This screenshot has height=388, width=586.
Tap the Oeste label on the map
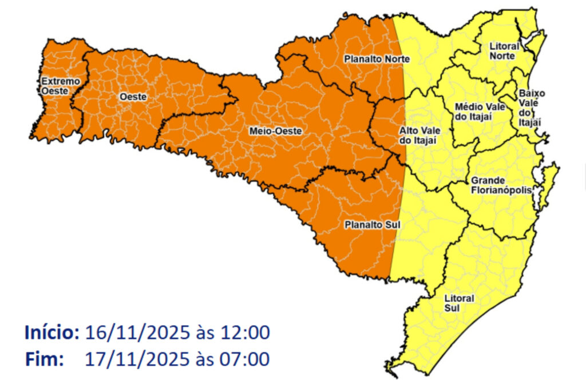[133, 97]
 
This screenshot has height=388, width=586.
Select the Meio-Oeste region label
[275, 131]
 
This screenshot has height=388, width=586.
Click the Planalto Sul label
[371, 225]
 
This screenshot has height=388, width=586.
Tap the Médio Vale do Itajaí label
[474, 112]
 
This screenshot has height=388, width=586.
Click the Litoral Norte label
[504, 50]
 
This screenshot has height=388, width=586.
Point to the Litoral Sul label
[459, 304]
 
